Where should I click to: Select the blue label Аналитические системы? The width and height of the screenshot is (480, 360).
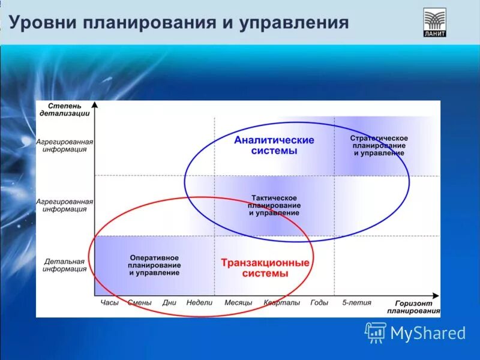pos(274,145)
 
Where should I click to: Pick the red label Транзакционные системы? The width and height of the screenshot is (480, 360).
pos(265,268)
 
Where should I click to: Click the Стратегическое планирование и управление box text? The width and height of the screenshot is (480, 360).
pos(379,146)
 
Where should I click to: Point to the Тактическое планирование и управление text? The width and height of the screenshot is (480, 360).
pos(274,205)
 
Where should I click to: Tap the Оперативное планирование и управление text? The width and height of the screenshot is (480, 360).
pos(154,265)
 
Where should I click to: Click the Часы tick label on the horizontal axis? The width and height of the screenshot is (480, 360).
pos(110,303)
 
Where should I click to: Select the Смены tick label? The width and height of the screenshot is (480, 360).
pos(140,303)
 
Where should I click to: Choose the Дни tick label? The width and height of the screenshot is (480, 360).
pos(169,303)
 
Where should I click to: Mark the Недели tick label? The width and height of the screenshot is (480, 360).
pos(199,303)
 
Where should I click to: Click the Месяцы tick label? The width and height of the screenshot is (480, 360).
pos(238,303)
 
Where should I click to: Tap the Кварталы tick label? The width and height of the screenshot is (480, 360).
pos(281,303)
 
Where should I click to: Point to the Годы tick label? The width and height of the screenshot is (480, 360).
pos(319,303)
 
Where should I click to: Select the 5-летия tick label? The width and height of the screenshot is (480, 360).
pos(356,303)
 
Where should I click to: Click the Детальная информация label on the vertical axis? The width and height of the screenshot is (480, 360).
pos(64,265)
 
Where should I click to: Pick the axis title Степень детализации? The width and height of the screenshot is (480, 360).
pos(64,109)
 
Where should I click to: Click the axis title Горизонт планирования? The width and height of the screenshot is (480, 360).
pos(413,307)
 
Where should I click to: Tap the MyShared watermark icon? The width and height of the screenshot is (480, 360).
pos(376,332)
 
